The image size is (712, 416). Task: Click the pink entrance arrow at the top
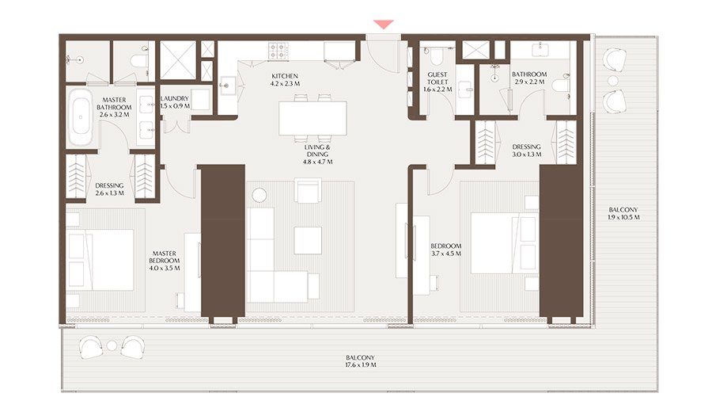click(x=384, y=25)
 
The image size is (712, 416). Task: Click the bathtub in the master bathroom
click(x=80, y=117)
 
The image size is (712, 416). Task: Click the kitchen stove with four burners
click(x=279, y=52)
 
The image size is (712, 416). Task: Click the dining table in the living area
click(x=312, y=119)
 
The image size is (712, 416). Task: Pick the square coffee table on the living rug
click(x=308, y=240)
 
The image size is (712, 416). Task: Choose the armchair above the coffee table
click(x=308, y=190)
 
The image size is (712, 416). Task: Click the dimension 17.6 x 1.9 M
click(x=360, y=365)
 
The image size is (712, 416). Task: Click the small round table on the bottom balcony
click(x=112, y=345)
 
